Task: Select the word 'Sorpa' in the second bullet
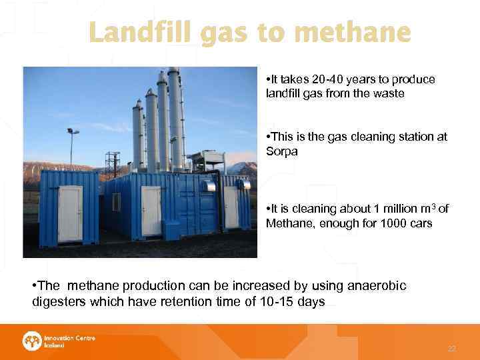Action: point(281,151)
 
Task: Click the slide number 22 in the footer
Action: point(451,348)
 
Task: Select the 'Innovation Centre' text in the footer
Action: point(69,338)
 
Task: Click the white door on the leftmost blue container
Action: point(70,213)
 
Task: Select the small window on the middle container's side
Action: point(116,201)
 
